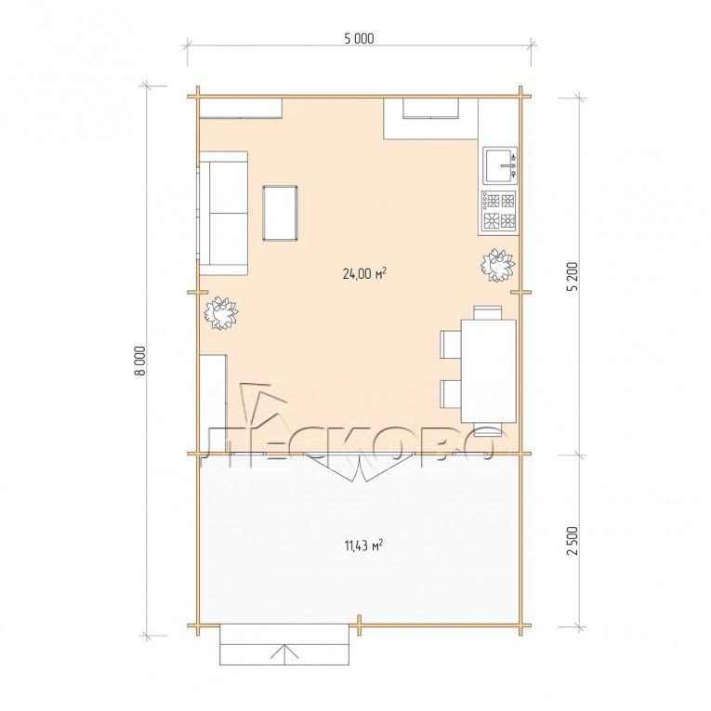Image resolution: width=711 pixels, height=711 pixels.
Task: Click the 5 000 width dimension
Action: click(359, 38)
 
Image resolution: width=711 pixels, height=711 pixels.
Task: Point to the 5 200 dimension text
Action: click(573, 276)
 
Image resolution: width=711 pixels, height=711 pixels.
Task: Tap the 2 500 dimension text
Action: click(573, 541)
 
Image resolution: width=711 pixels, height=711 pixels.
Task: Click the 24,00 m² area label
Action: click(364, 273)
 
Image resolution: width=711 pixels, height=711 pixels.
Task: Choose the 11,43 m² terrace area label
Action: click(363, 545)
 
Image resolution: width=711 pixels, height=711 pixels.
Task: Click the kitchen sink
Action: click(500, 165)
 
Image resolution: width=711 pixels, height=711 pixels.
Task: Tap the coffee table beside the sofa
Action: click(280, 213)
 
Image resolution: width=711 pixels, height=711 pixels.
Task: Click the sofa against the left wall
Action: click(223, 213)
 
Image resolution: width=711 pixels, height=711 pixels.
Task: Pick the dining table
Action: click(488, 371)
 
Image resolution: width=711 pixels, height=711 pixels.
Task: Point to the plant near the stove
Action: click(497, 265)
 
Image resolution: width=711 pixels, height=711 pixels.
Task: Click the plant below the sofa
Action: click(221, 313)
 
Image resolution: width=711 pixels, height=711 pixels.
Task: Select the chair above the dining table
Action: click(487, 313)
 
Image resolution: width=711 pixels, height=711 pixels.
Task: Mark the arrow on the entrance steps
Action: click(284, 654)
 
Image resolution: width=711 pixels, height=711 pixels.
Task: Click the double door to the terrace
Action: click(359, 467)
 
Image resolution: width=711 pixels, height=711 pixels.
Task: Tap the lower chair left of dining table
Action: click(451, 394)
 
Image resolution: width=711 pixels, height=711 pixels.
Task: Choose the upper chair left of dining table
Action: click(451, 345)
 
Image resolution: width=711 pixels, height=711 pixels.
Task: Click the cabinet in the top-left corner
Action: click(241, 109)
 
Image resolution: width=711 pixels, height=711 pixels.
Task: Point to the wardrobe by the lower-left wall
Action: click(213, 403)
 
